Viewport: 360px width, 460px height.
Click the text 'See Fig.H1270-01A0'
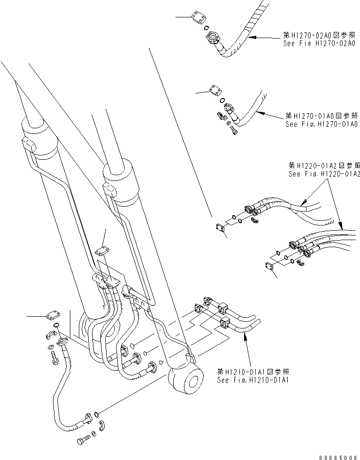322,124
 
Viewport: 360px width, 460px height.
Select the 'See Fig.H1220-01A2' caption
324,174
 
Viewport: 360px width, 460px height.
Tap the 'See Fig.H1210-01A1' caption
253,380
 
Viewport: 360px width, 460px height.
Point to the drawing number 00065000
338,456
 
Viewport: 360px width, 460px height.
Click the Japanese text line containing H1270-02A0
321,35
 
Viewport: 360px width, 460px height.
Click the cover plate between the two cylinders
103,252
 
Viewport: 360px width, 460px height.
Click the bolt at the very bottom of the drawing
84,442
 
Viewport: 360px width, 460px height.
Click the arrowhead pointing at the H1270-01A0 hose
259,111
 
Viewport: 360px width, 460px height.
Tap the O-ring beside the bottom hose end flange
96,414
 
